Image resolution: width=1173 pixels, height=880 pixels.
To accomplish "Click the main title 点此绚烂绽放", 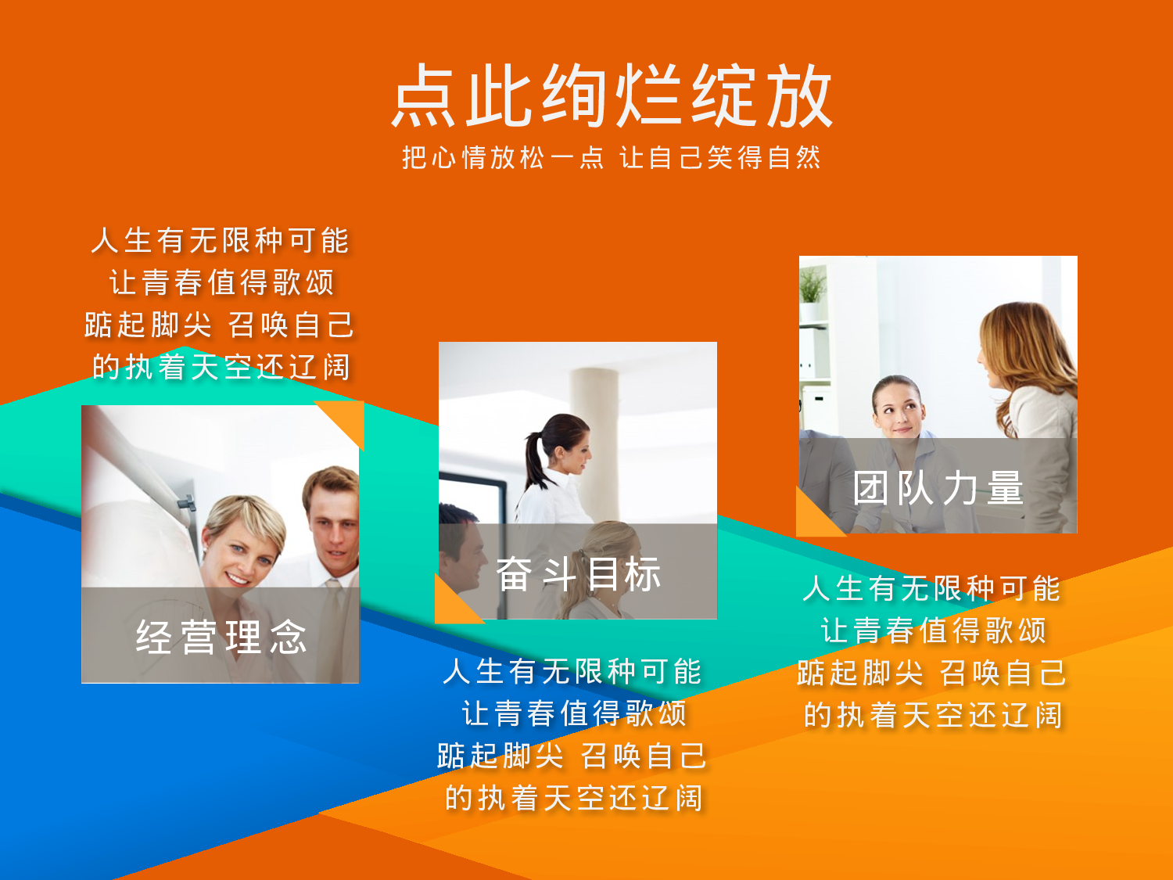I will coord(612,95).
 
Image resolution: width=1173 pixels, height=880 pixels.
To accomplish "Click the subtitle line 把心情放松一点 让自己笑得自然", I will coord(612,158).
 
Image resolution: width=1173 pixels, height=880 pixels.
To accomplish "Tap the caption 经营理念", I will coord(221,637).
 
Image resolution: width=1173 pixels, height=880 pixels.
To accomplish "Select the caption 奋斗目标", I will coord(579,575).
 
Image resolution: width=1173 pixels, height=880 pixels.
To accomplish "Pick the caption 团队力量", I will coord(938,489).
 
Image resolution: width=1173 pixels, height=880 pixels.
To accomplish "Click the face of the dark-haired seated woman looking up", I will coord(898,407).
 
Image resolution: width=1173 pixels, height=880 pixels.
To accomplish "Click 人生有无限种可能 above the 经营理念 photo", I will coord(220,240).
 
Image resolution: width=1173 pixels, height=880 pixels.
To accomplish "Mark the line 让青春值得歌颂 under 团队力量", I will coord(934,630).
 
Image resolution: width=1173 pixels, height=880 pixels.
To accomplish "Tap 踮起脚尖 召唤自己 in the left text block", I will coord(220,325).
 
